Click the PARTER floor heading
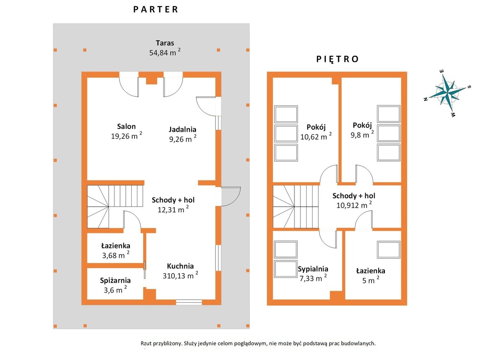(x=156, y=9)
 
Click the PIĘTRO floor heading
(x=337, y=59)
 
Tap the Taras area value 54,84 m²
(x=165, y=52)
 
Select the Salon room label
(x=126, y=126)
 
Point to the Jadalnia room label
(x=182, y=129)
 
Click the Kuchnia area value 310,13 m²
(x=180, y=276)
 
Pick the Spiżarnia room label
(x=115, y=280)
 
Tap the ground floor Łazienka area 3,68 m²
(x=116, y=255)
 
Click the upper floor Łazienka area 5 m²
(x=371, y=280)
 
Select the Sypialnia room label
(x=313, y=269)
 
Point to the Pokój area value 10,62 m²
(x=316, y=136)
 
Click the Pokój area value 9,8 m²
(x=362, y=135)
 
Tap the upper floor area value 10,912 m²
(x=354, y=205)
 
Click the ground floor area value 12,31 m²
(x=173, y=210)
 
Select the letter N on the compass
(x=425, y=99)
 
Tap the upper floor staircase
(x=296, y=207)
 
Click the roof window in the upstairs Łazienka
(x=389, y=249)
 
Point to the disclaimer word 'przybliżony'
(x=167, y=344)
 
